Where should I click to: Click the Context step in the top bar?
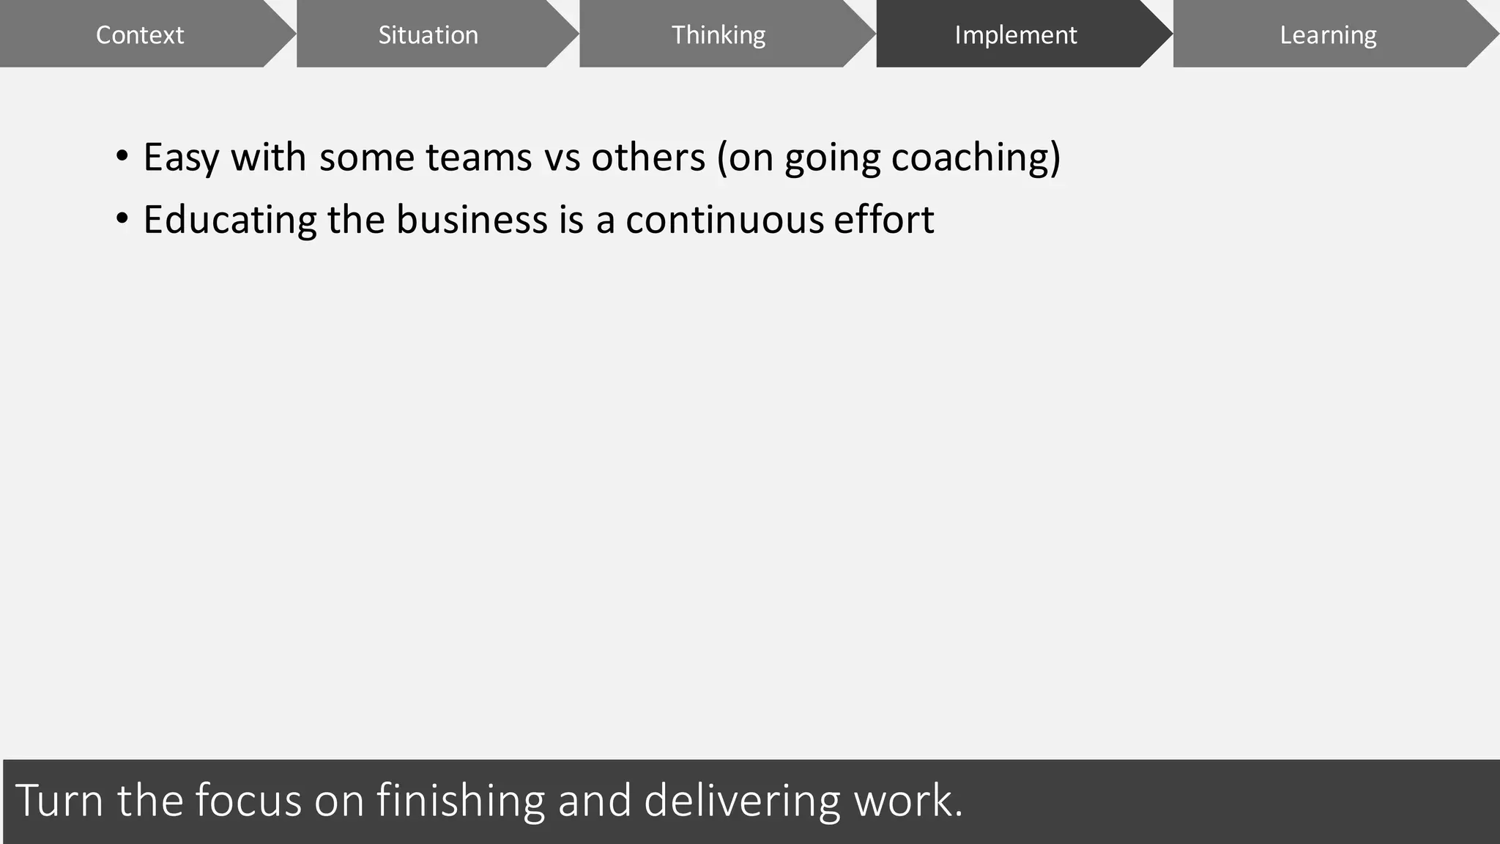point(139,35)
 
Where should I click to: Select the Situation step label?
point(428,35)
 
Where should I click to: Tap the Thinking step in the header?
point(718,35)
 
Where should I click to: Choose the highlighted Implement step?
point(1015,35)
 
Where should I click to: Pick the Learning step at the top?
point(1327,35)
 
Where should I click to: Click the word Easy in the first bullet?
point(181,158)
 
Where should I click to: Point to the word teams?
point(478,158)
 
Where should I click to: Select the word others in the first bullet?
point(647,158)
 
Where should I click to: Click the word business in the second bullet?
point(472,220)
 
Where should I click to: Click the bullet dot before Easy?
point(122,157)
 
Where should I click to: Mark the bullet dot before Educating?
point(122,219)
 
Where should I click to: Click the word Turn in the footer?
point(59,800)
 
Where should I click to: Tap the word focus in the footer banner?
point(248,800)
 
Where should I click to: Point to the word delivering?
point(742,800)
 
